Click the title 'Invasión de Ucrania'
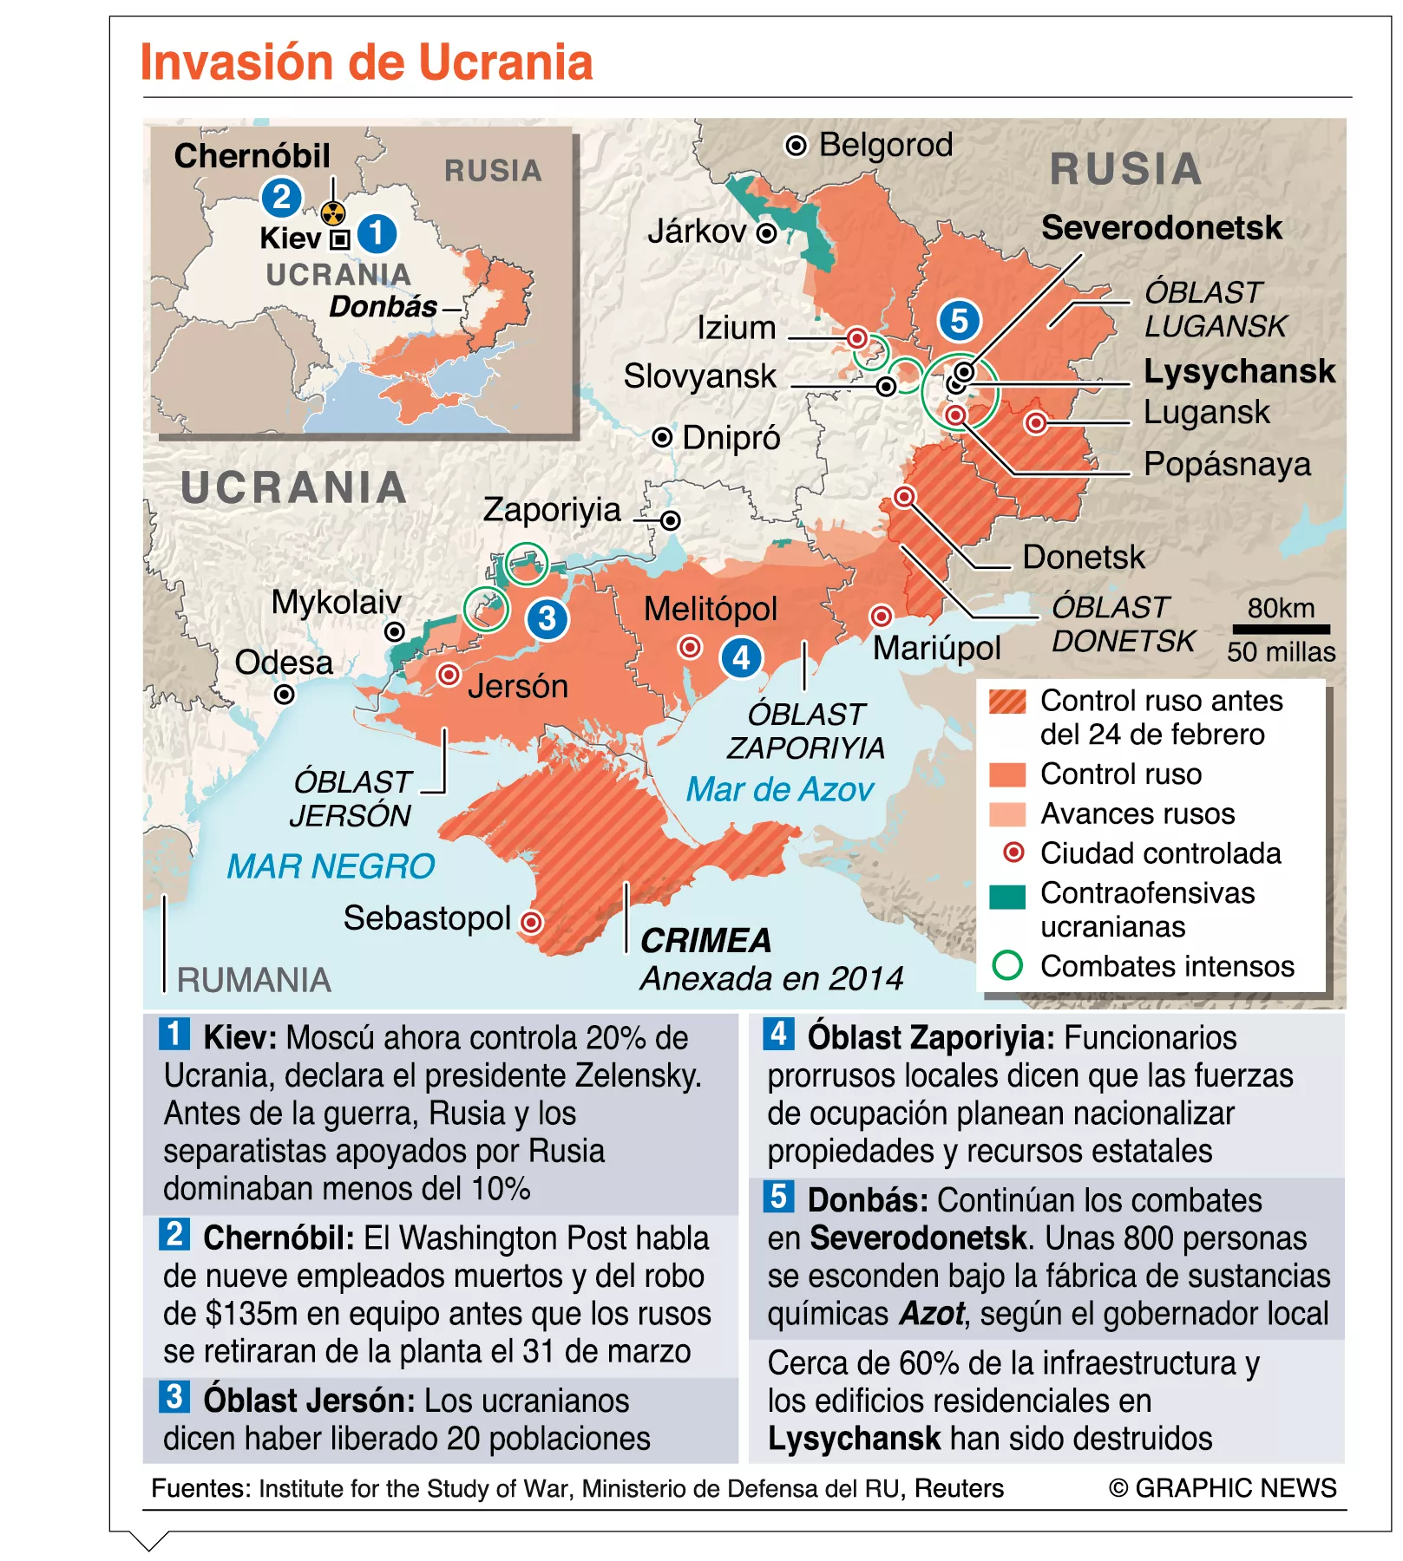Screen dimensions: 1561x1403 366,63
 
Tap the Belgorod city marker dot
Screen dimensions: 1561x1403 796,146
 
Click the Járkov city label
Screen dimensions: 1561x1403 697,232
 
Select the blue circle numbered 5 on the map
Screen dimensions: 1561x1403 959,321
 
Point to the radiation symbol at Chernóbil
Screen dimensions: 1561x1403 333,212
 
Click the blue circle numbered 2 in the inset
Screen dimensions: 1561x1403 282,198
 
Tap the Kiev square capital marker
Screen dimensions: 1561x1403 340,238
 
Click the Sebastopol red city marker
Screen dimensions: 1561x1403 531,921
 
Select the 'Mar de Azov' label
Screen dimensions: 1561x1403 779,789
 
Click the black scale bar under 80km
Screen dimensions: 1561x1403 1282,630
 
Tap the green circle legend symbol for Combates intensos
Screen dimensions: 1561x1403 1007,965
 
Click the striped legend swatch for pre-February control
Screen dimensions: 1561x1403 1007,701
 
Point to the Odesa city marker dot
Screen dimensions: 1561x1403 284,694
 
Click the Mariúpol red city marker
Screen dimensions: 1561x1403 881,616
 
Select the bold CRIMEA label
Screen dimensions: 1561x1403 705,940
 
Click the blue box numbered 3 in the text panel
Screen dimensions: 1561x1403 174,1396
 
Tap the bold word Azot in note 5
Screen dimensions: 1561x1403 932,1314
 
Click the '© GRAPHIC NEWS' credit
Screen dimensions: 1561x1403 1222,1488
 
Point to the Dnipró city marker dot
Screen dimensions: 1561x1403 662,437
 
